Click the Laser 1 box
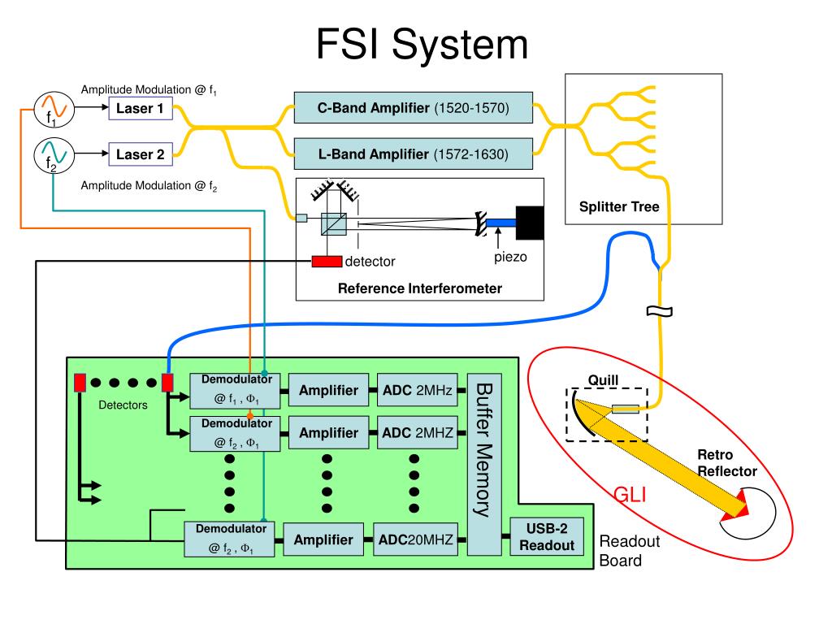point(141,108)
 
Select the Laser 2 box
point(141,154)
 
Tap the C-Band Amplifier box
point(414,108)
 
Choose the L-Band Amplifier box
point(414,154)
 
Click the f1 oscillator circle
point(54,110)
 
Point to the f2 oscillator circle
point(54,155)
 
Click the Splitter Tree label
point(619,206)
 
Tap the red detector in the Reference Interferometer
point(327,261)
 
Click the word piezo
point(510,258)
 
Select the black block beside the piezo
point(530,223)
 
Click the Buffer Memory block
point(484,464)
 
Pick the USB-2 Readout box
point(547,536)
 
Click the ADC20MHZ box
point(415,539)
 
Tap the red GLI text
point(630,495)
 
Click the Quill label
point(604,380)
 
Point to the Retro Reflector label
point(727,462)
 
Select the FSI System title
point(422,44)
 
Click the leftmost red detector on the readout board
point(80,383)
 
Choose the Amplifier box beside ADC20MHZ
point(323,539)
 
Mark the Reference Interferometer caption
point(420,288)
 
